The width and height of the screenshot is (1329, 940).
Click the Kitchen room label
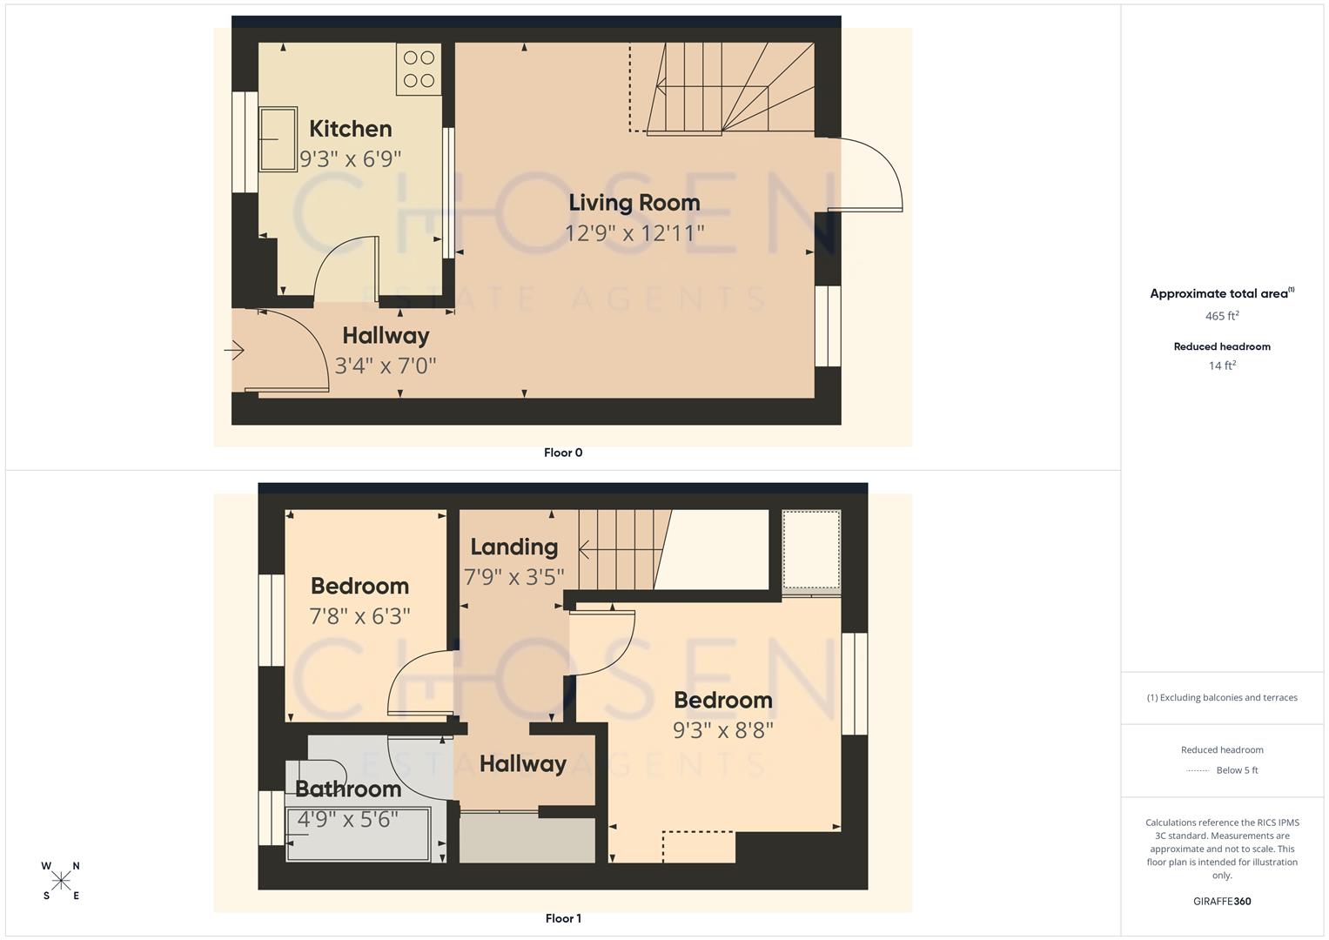(350, 129)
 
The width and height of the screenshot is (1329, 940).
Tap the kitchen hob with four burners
(419, 70)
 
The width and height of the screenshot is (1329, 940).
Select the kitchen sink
(278, 138)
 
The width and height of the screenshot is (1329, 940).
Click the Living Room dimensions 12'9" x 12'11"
(634, 233)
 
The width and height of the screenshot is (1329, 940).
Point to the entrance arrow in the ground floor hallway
(234, 351)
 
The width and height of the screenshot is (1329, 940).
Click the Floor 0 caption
(563, 453)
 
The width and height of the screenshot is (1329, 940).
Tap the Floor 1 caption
(563, 918)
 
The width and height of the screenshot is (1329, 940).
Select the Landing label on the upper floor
(513, 547)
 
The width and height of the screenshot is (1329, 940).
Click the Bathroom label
(348, 789)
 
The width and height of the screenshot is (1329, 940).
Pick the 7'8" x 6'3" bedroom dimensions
(359, 616)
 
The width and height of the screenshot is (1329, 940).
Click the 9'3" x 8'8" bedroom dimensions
(722, 730)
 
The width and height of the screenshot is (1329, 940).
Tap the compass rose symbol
(61, 881)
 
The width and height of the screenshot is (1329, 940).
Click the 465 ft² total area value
(1222, 316)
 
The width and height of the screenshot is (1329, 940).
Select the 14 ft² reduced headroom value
(1222, 366)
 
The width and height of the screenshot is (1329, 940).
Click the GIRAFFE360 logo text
(1222, 902)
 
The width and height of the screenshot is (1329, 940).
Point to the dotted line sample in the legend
(1198, 770)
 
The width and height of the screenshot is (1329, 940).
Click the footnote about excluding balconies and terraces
(1222, 697)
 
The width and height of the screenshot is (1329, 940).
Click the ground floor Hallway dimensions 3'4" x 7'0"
(386, 366)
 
